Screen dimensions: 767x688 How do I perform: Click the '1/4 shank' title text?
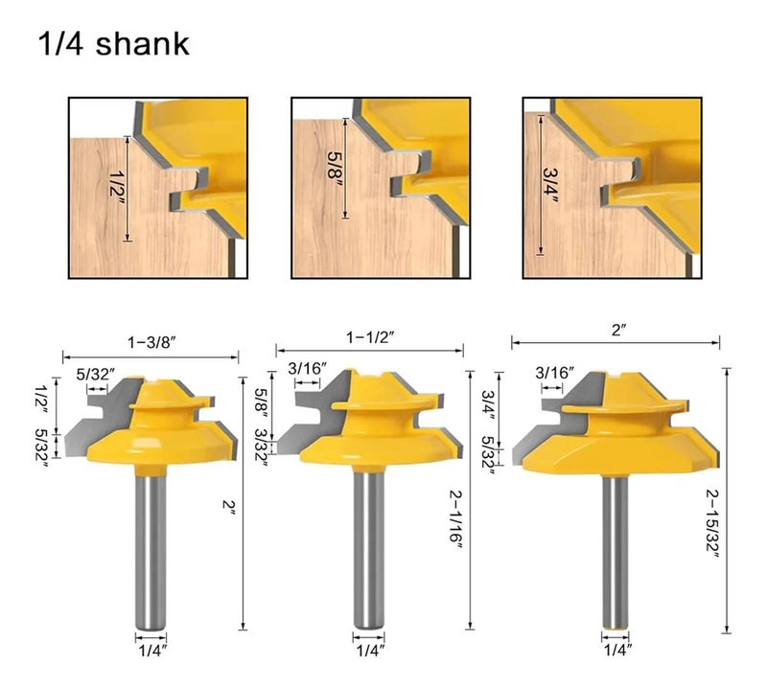click(x=113, y=43)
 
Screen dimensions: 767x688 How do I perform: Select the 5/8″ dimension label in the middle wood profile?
click(x=336, y=169)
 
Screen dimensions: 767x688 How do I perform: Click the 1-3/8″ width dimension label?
click(x=151, y=343)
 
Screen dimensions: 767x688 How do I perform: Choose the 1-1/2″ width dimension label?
click(x=370, y=337)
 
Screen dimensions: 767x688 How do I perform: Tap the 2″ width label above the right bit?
click(x=618, y=331)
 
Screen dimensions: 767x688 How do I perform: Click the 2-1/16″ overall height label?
click(x=455, y=523)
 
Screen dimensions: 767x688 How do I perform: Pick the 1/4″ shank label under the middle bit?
click(x=370, y=651)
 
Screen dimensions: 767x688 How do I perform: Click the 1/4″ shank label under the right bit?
click(x=617, y=650)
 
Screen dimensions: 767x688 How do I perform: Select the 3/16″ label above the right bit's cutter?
click(x=555, y=373)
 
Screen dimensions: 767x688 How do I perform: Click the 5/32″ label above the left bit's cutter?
click(x=96, y=375)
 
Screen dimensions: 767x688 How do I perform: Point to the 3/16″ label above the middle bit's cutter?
click(x=307, y=368)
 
